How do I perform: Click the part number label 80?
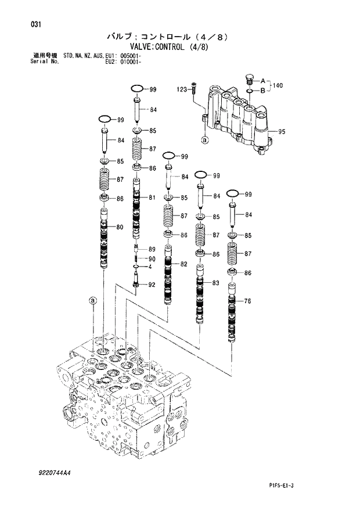(119, 227)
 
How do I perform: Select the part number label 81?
(152, 198)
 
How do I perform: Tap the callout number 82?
(183, 264)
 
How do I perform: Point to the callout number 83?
(215, 283)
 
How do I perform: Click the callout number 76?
(247, 301)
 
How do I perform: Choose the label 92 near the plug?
(152, 285)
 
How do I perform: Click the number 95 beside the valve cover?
(282, 132)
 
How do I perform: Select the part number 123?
(182, 89)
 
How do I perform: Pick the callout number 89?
(152, 250)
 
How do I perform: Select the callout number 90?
(152, 258)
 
